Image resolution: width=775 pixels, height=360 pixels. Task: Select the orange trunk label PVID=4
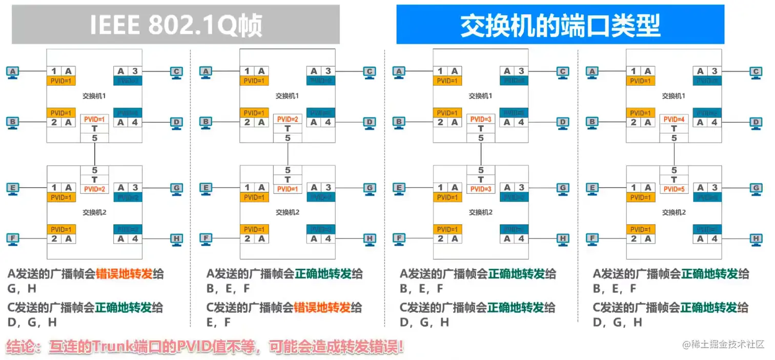coord(674,119)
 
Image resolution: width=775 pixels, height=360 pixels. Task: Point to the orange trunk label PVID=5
coord(674,189)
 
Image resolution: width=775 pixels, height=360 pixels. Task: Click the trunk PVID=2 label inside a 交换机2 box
coord(94,189)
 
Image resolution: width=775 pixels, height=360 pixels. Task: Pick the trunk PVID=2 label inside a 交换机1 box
coord(288,119)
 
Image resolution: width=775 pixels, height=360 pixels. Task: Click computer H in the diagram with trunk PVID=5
coord(756,239)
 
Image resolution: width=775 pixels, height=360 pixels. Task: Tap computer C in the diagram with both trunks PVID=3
coord(563,72)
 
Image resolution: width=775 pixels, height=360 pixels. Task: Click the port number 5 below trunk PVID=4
coord(674,138)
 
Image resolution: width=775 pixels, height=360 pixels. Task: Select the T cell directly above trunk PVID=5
coord(674,179)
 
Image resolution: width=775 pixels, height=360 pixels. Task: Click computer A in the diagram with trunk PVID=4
coord(593,72)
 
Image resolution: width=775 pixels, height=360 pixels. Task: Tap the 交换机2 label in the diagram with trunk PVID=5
coord(674,212)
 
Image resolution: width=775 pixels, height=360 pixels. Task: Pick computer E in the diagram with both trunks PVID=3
coord(399,188)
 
